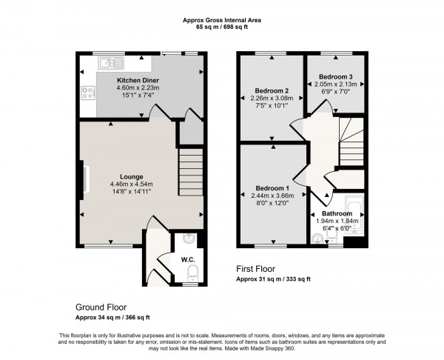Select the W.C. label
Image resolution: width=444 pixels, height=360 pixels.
tap(189, 259)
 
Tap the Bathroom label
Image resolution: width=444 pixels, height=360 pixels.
tap(337, 213)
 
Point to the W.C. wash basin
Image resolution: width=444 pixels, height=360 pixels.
tap(190, 239)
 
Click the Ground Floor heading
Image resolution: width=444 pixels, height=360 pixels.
tap(101, 306)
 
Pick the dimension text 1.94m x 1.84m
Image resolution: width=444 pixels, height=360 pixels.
tap(337, 221)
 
